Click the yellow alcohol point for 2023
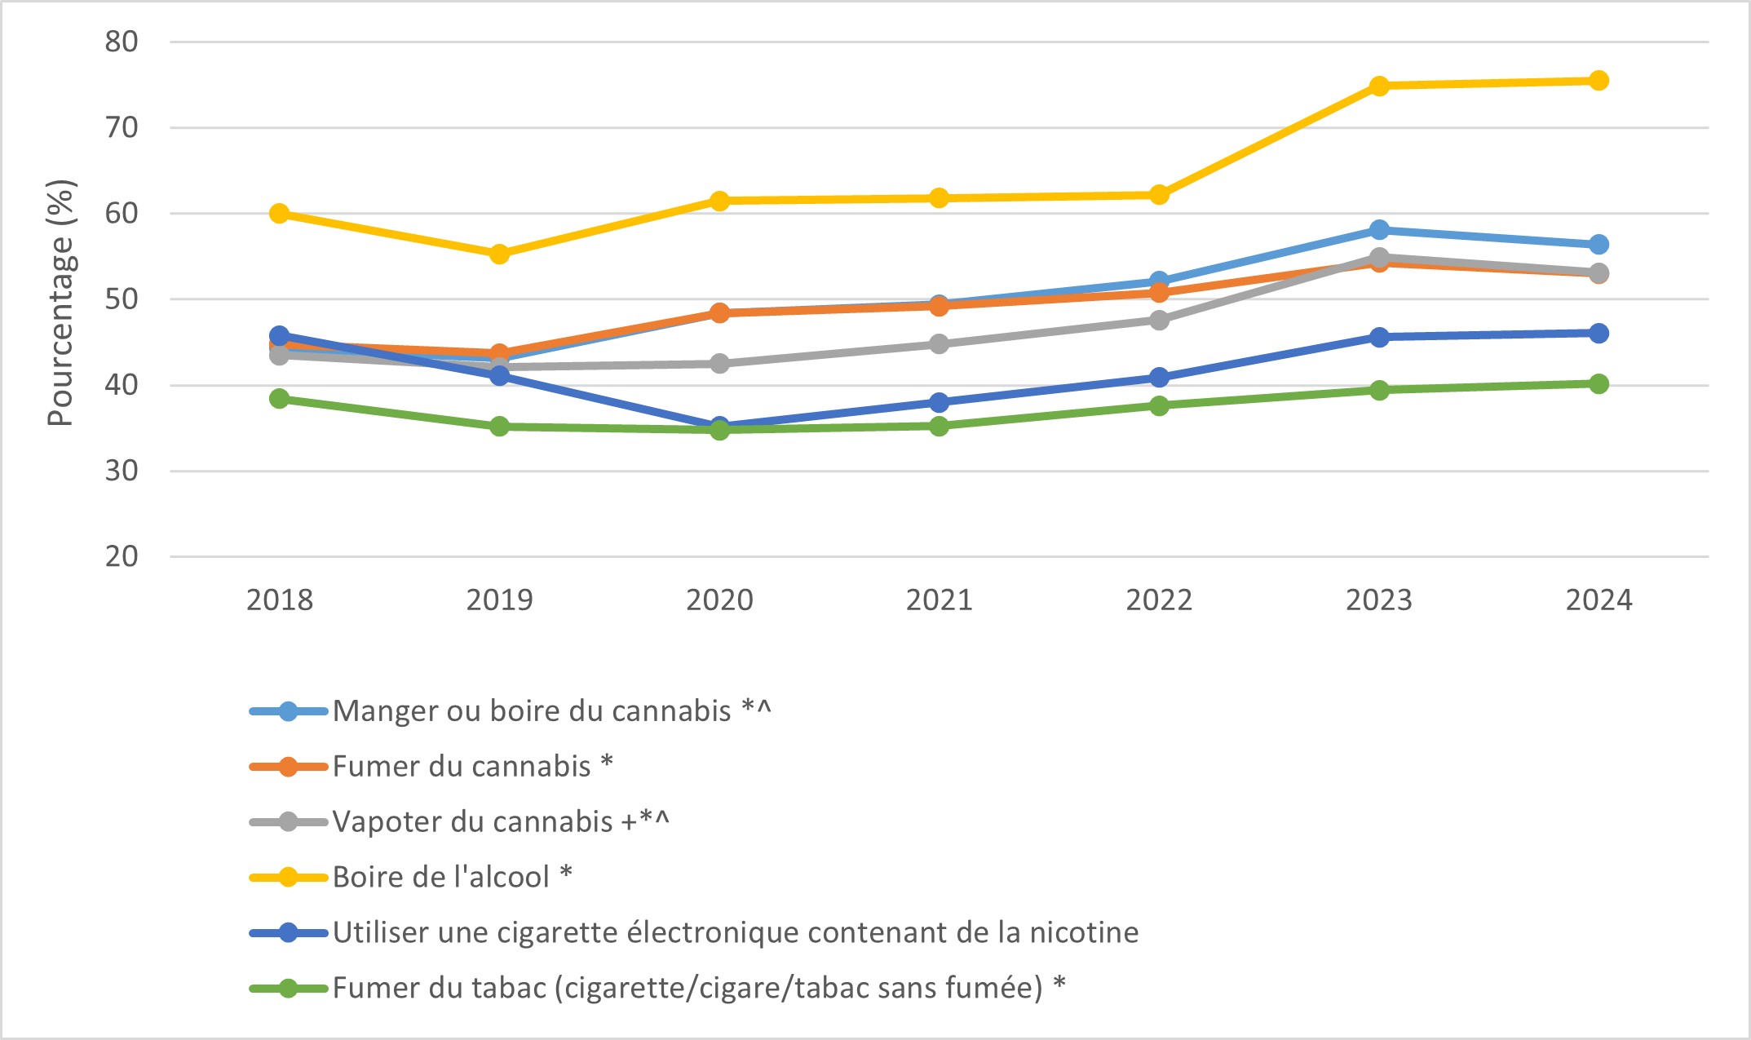click(x=1379, y=86)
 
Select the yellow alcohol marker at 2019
click(x=499, y=254)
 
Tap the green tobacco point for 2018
click(x=280, y=399)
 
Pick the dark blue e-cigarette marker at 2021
click(x=939, y=403)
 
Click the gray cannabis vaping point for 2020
click(x=719, y=364)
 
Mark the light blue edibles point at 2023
click(x=1379, y=230)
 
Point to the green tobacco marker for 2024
click(x=1598, y=384)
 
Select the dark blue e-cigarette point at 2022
click(x=1159, y=378)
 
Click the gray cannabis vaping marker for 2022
click(x=1159, y=321)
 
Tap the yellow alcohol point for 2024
click(x=1598, y=81)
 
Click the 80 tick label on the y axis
click(x=122, y=42)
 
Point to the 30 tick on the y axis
click(x=122, y=471)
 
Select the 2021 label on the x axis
click(x=939, y=600)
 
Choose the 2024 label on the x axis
click(x=1598, y=600)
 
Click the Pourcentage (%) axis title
click(x=61, y=302)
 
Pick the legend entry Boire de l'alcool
click(x=440, y=877)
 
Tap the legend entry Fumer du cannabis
click(x=461, y=767)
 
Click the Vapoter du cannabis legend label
click(x=472, y=821)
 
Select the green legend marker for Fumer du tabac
click(x=288, y=988)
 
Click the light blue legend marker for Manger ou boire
click(x=288, y=711)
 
